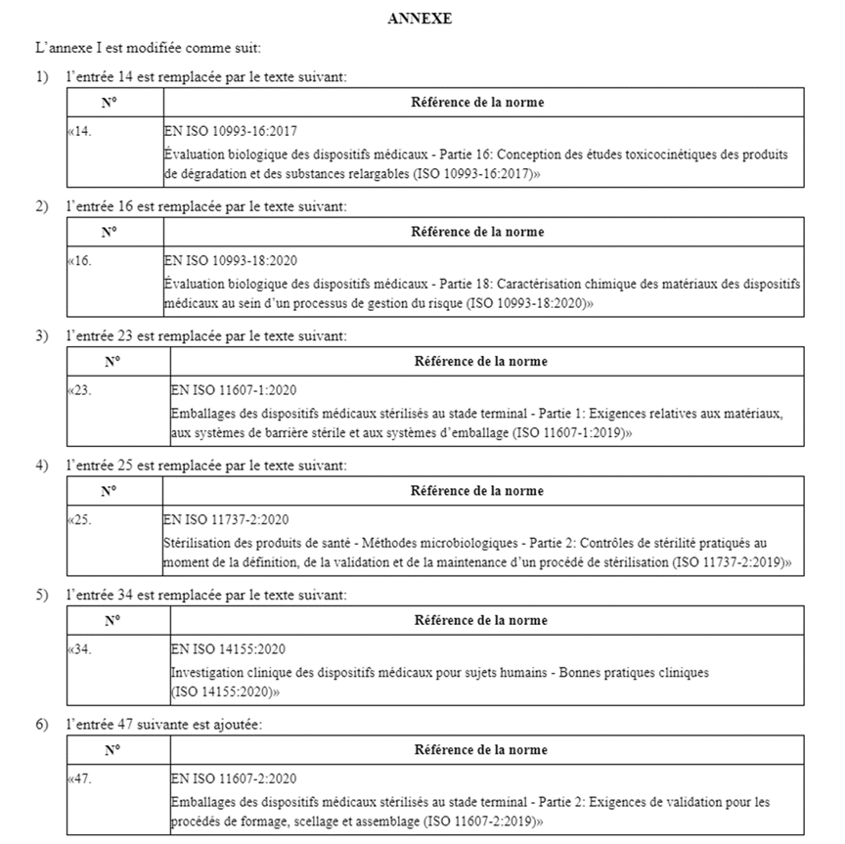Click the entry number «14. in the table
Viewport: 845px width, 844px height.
79,130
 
